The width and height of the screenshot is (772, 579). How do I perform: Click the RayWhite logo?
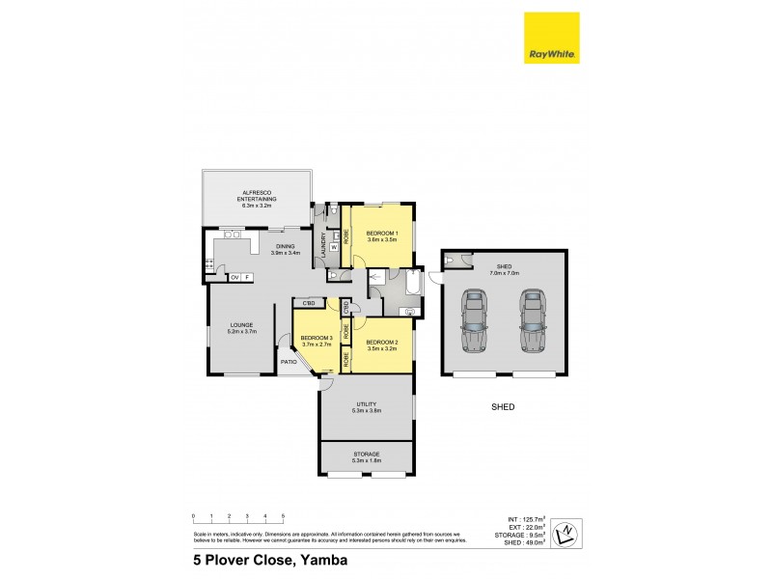point(551,39)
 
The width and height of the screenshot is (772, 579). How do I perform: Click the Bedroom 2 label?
point(383,343)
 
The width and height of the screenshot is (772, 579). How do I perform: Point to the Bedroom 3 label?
point(316,339)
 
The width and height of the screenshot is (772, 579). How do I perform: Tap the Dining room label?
point(287,246)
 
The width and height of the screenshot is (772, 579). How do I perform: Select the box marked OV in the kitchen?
point(234,278)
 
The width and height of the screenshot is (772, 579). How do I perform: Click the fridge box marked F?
point(246,278)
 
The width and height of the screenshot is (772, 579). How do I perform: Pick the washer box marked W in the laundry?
point(334,246)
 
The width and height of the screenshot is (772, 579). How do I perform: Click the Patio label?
point(289,363)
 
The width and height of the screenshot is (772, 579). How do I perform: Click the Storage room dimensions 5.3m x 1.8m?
point(366,460)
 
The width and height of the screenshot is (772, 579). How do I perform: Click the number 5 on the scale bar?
point(283,515)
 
